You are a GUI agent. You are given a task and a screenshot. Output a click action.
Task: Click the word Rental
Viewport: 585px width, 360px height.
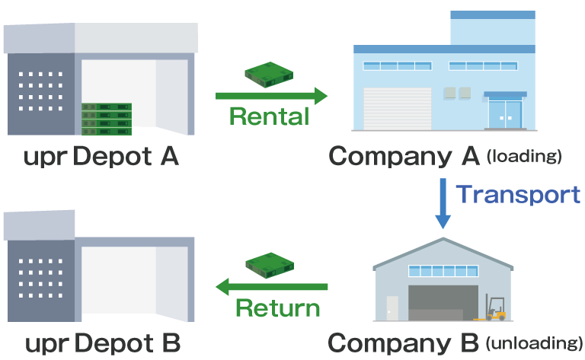coord(269,116)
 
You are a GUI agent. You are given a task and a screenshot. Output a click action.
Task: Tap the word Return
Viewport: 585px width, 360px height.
coord(278,308)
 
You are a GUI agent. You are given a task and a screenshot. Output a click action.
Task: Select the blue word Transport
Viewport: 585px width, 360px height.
coord(518,195)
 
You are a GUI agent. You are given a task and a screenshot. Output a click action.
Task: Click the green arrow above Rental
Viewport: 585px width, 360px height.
coord(271,96)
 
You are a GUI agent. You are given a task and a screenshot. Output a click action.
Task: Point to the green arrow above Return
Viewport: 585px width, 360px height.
coord(271,287)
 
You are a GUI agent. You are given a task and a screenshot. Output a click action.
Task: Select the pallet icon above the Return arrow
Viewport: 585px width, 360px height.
coord(269,264)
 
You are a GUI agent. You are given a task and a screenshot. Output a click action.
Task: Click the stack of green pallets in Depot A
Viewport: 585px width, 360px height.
coord(107,116)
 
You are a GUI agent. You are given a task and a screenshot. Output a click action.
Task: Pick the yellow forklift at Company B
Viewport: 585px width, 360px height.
coord(496,309)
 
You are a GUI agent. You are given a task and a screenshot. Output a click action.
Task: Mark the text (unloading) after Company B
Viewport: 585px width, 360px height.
coord(534,343)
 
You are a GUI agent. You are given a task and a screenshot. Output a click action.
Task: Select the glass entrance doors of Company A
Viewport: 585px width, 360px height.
coord(505,113)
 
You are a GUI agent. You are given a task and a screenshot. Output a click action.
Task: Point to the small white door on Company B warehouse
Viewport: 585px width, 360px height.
coord(392,307)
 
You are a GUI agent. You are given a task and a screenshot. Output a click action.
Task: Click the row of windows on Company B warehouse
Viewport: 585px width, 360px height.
coord(443,271)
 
